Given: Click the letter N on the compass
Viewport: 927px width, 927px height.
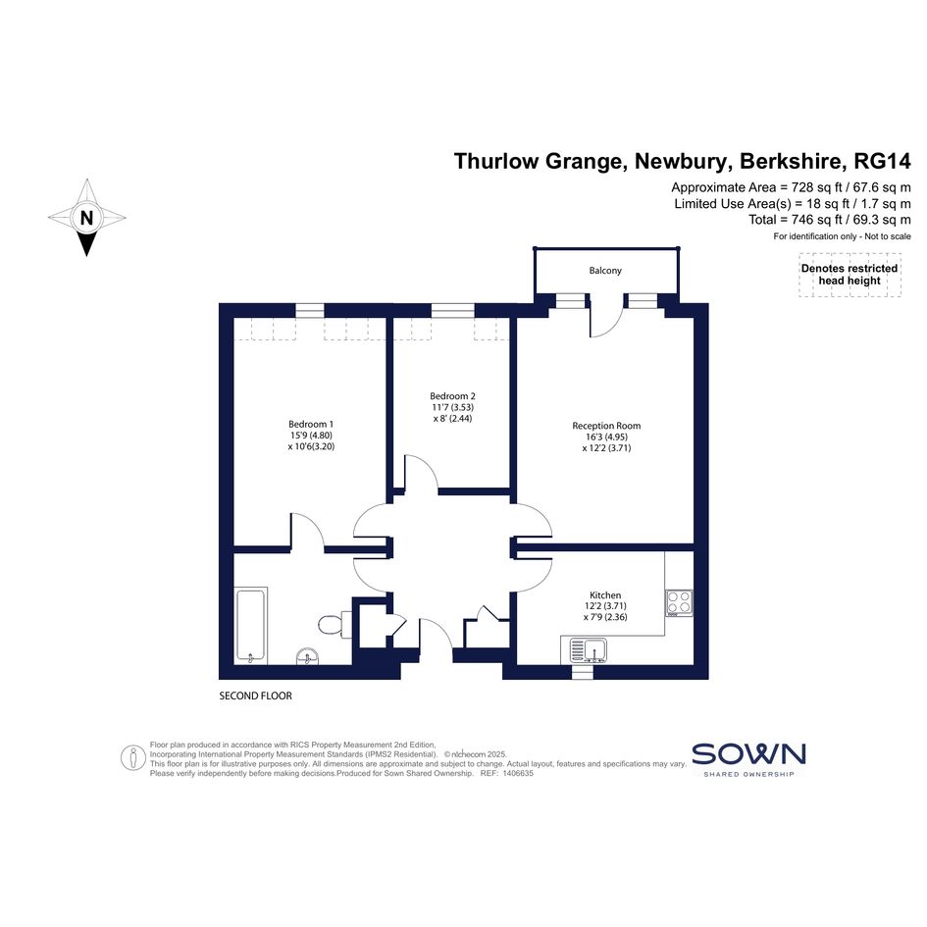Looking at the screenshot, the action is tap(87, 218).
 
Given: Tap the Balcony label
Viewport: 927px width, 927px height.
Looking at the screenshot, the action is tap(605, 270).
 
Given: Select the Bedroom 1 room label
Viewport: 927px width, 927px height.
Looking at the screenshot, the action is tap(311, 424).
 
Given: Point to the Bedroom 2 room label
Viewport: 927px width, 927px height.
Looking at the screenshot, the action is tap(452, 396).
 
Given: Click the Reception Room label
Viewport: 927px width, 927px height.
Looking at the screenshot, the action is tap(606, 426).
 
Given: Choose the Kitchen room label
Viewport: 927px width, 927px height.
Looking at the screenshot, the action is tap(605, 594).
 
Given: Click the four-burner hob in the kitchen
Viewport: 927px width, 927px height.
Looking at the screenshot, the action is tap(679, 602).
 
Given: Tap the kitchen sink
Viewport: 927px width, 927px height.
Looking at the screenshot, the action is tap(589, 650).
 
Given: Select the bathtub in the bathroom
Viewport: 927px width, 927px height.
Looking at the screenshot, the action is tap(251, 626).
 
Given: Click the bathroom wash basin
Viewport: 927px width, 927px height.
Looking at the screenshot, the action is tap(307, 656).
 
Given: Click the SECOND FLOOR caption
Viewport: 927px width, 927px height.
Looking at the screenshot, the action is tap(255, 695).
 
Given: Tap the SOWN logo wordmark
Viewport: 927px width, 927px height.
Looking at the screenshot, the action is tap(748, 753).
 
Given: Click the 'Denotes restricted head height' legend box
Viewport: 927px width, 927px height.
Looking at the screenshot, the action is tap(850, 275).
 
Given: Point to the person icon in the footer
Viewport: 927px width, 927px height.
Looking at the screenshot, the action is tap(133, 758).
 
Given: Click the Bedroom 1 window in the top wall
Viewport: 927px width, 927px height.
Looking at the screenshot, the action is tap(310, 310).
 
